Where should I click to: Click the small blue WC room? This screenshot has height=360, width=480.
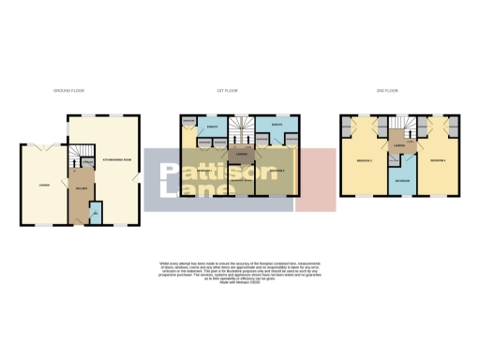(97, 217)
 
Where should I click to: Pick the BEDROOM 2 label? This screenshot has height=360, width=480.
(275, 172)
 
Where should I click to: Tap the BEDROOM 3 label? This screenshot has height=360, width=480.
(365, 160)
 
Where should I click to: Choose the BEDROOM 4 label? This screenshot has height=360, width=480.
(436, 160)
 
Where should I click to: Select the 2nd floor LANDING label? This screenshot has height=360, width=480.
(400, 147)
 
